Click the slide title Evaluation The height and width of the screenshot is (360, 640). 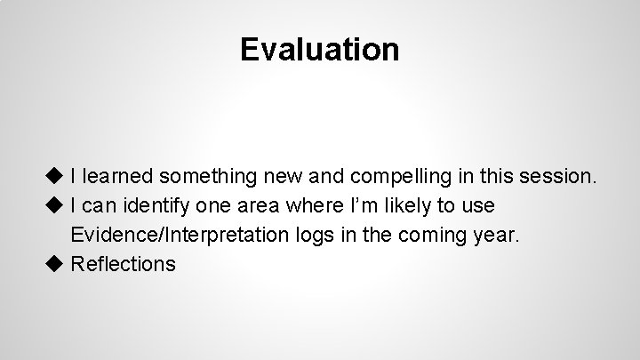coord(319,49)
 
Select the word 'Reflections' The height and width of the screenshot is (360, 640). coord(123,264)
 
